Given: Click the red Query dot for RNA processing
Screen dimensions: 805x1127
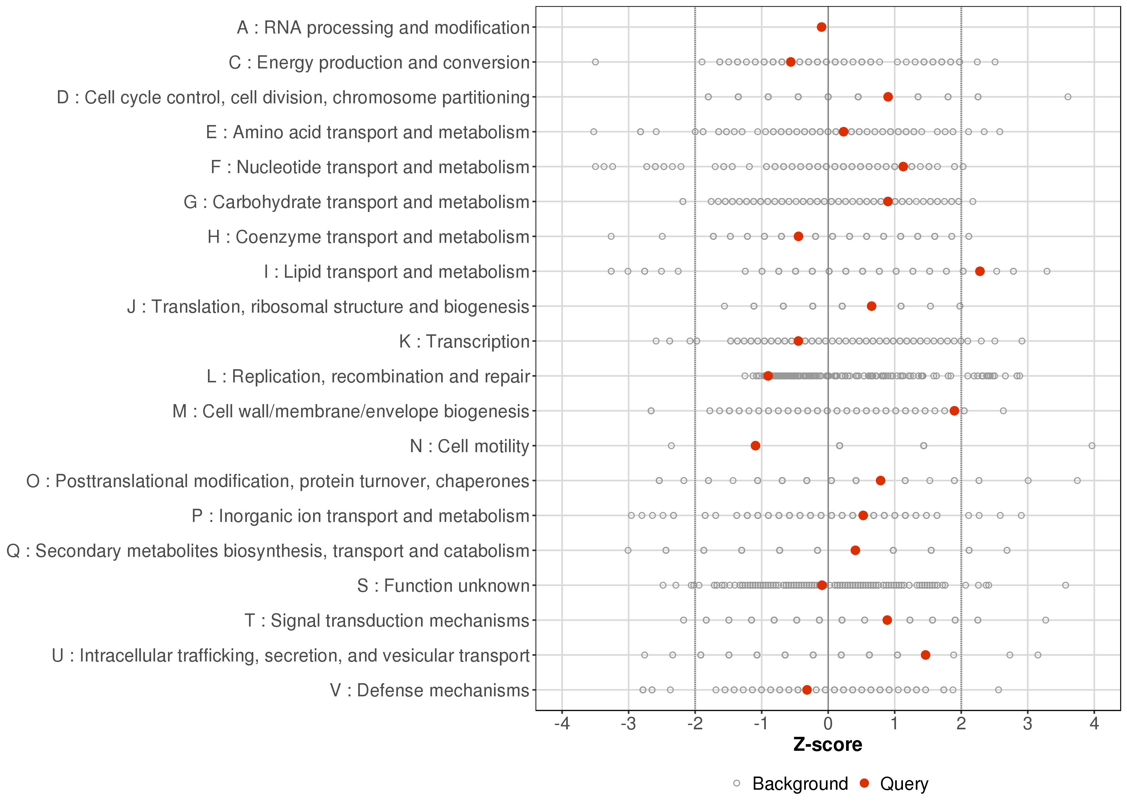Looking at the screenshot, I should click(821, 27).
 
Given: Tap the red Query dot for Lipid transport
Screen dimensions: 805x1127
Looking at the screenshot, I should click(980, 271).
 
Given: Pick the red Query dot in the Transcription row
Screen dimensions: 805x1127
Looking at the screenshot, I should click(798, 341).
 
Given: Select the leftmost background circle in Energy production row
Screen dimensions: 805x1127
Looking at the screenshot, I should click(595, 62).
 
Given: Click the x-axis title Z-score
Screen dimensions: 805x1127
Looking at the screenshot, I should click(828, 745).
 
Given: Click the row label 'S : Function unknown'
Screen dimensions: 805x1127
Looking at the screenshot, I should click(443, 586).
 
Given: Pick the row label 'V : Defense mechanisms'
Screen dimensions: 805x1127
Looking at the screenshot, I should click(430, 690).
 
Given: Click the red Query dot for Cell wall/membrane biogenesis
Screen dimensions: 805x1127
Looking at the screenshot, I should click(954, 411).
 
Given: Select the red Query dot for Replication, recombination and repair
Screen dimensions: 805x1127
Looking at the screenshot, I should click(768, 376).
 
